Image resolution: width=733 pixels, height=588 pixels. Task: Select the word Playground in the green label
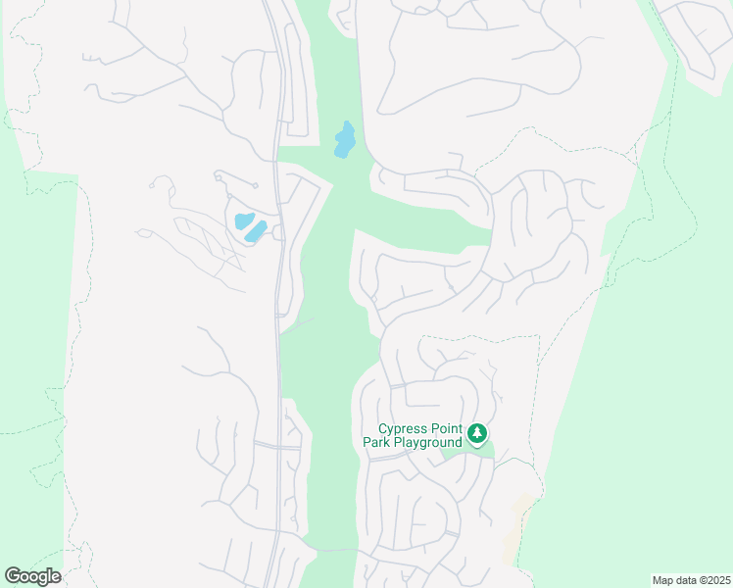(x=426, y=443)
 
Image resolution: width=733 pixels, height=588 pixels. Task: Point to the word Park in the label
(x=371, y=443)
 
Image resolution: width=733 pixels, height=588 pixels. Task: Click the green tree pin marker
(x=477, y=433)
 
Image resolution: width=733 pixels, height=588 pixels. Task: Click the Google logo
(x=32, y=576)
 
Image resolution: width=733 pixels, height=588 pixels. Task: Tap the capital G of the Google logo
(x=13, y=576)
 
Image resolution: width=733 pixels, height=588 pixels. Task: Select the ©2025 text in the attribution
(x=711, y=580)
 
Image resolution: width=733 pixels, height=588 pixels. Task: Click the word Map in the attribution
(x=662, y=580)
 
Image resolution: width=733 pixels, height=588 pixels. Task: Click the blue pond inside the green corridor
(x=345, y=140)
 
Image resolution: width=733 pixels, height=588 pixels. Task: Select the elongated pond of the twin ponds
(x=256, y=231)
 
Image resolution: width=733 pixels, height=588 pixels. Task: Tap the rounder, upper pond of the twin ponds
(x=242, y=220)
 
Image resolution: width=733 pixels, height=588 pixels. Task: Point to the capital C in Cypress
(x=383, y=429)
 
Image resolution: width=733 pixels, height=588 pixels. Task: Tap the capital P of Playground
(x=396, y=443)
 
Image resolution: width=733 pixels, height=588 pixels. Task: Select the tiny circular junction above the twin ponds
(x=255, y=185)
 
